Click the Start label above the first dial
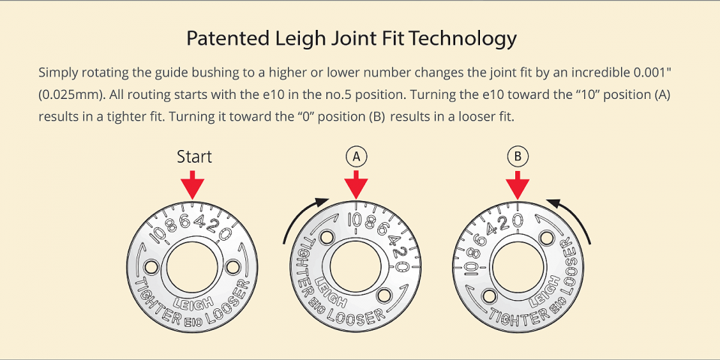194,157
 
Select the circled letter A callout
357,156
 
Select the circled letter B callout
517,156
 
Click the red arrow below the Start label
193,184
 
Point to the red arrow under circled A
357,184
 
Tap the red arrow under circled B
517,184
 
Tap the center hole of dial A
357,267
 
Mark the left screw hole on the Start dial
149,266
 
